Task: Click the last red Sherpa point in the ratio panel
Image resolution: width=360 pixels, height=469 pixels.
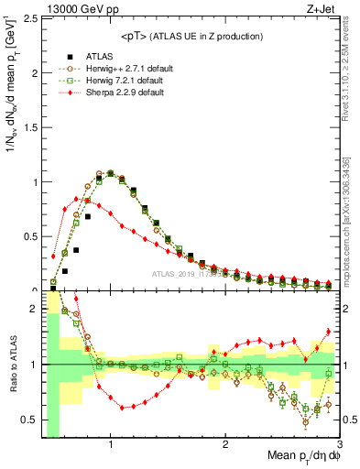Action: tap(328, 332)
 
